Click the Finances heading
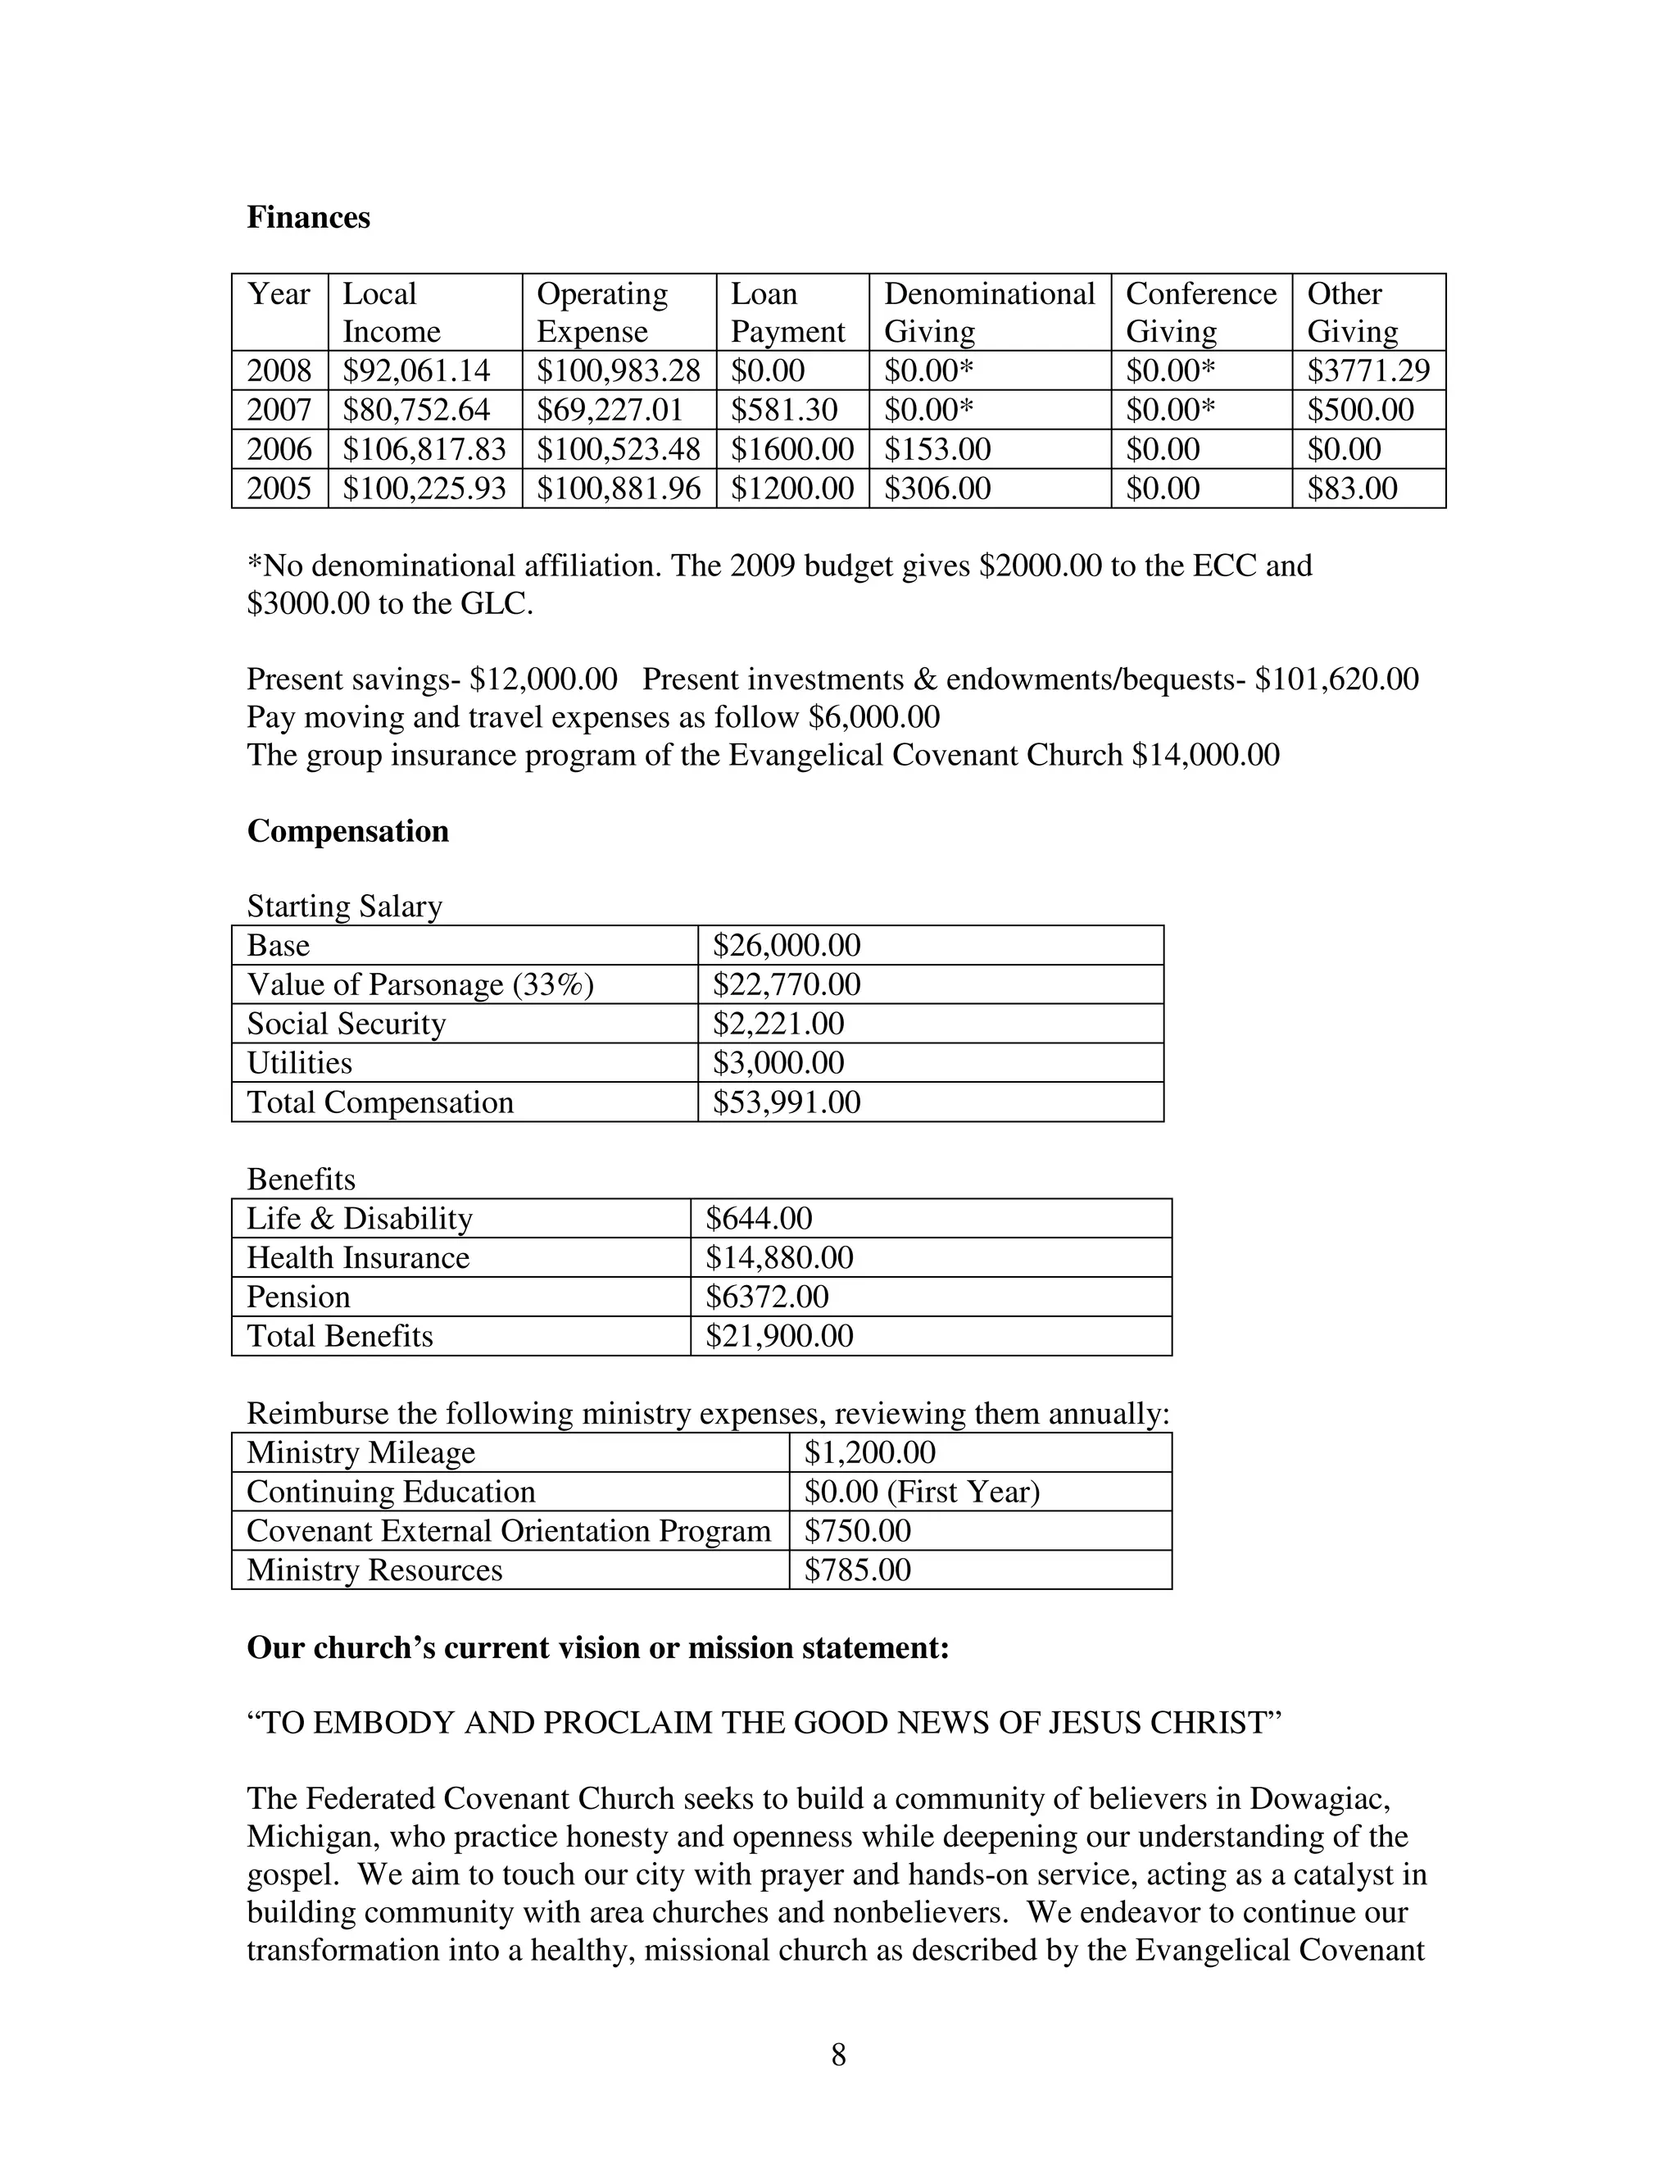pos(308,218)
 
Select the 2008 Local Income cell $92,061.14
pos(415,371)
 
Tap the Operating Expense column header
pos(601,312)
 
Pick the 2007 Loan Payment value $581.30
pos(783,410)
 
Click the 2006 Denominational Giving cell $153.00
pos(937,449)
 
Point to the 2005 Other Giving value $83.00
pos(1352,488)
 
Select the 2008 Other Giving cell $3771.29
pos(1367,371)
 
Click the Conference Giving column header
pos(1200,312)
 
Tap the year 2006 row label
pos(279,449)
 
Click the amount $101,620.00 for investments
pos(1336,679)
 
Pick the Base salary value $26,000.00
pos(787,945)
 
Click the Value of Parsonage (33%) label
pos(419,984)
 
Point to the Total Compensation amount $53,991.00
pos(787,1102)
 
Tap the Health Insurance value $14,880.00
pos(778,1257)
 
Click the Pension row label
pos(298,1297)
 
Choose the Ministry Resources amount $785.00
pos(857,1570)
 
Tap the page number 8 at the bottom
pos(838,2055)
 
